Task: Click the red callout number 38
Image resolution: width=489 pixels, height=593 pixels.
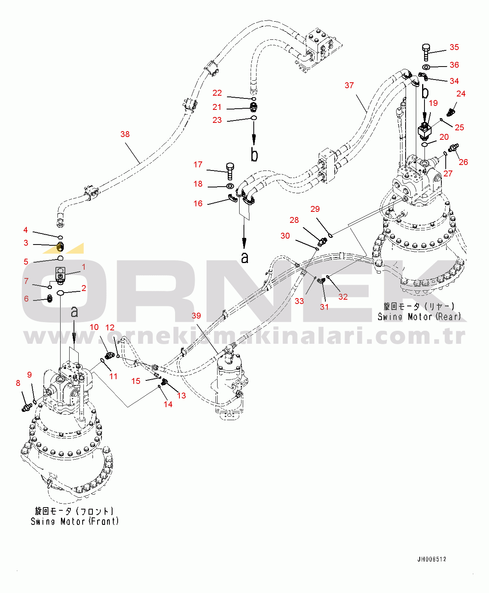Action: pyautogui.click(x=125, y=134)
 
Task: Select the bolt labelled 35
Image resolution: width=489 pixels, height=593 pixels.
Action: pyautogui.click(x=426, y=52)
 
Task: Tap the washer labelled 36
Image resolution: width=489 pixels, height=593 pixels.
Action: pyautogui.click(x=426, y=67)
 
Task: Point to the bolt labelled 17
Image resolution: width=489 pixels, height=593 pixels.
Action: pyautogui.click(x=230, y=171)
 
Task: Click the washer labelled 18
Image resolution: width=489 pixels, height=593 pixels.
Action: pyautogui.click(x=230, y=186)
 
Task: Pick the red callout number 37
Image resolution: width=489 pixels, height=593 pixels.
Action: pyautogui.click(x=349, y=85)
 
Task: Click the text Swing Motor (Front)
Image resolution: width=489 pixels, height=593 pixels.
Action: pyautogui.click(x=75, y=521)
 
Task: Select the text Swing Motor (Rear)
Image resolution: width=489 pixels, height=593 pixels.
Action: pyautogui.click(x=419, y=316)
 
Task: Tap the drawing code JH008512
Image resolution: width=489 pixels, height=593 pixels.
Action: pyautogui.click(x=432, y=559)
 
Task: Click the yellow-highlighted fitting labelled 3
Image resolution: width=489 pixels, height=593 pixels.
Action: pyautogui.click(x=60, y=247)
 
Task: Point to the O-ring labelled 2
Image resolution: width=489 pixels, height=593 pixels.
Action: pyautogui.click(x=61, y=293)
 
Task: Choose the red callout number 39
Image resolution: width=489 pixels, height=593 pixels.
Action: pyautogui.click(x=196, y=315)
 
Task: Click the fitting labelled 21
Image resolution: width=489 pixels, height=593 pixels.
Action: pyautogui.click(x=253, y=107)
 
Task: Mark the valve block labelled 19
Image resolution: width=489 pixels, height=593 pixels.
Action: pyautogui.click(x=424, y=131)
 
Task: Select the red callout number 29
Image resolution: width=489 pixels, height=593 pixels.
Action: pyautogui.click(x=315, y=209)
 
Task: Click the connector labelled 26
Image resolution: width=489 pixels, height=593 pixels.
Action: pyautogui.click(x=453, y=148)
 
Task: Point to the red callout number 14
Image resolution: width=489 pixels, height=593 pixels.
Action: pyautogui.click(x=168, y=404)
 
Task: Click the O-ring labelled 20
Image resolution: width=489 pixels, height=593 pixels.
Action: pyautogui.click(x=424, y=145)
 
